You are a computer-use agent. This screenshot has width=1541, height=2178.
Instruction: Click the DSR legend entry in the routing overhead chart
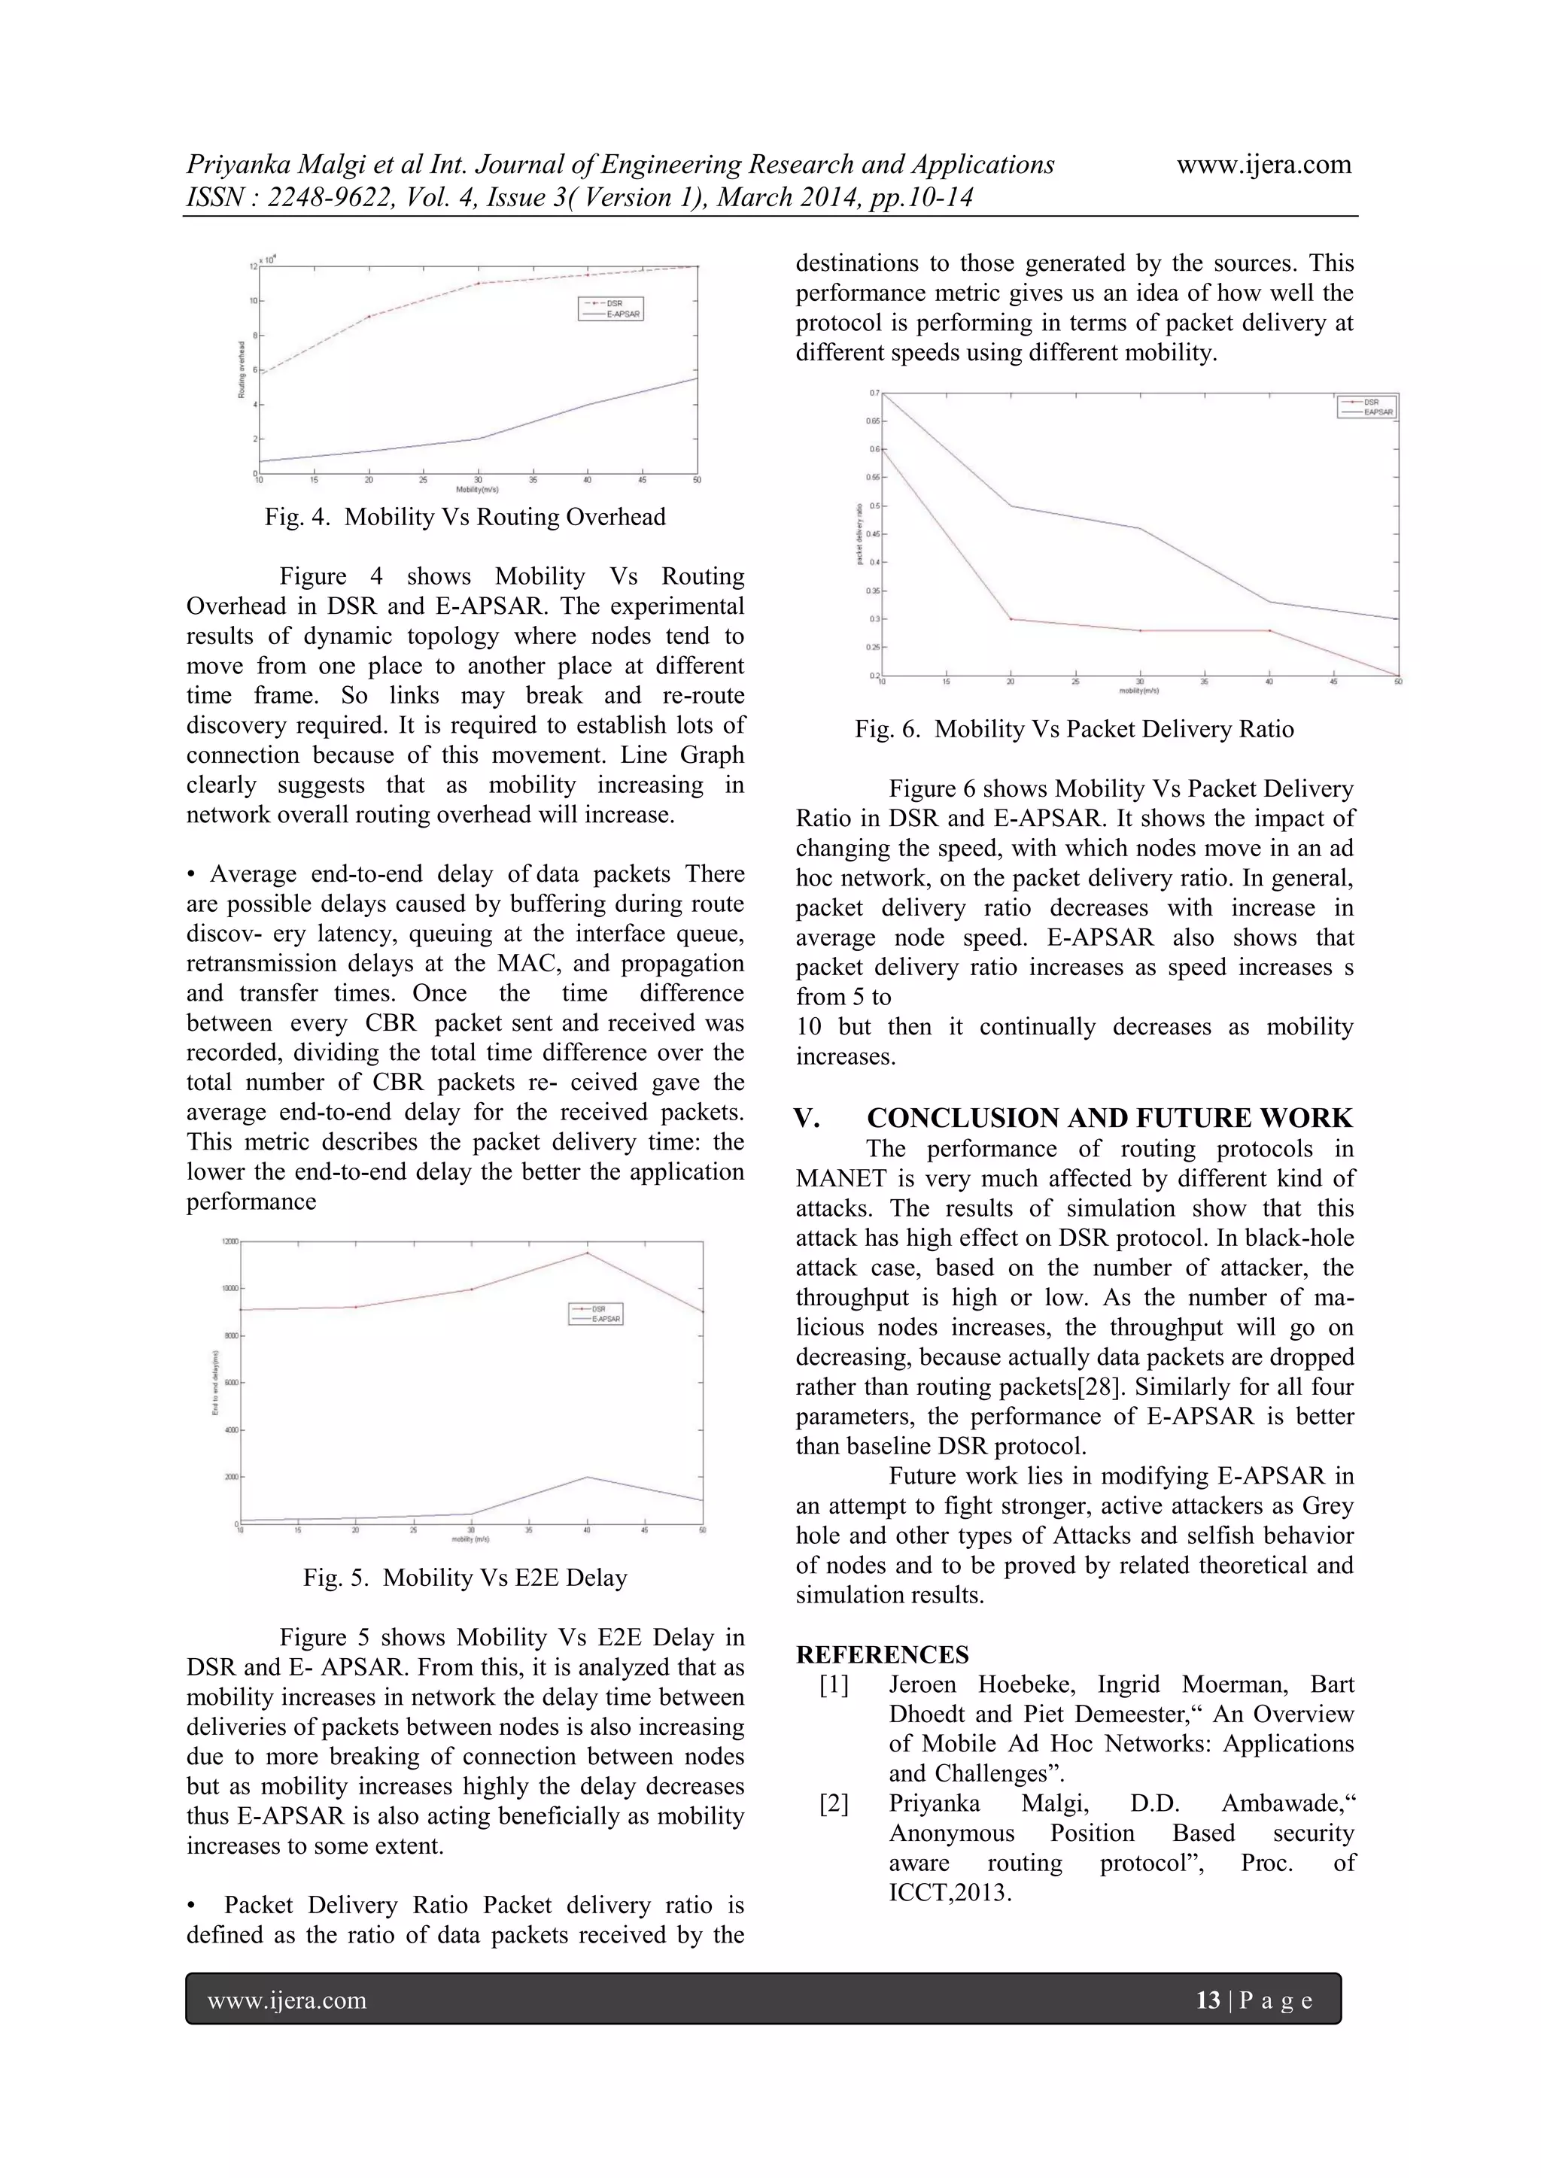(610, 303)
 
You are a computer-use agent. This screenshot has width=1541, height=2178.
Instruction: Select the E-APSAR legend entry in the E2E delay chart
(596, 1319)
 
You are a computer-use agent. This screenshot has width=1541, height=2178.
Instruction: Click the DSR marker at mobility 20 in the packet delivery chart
(1011, 619)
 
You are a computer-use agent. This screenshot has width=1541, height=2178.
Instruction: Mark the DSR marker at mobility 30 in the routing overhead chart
(477, 283)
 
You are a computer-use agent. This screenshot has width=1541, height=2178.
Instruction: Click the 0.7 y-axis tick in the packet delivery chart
(874, 393)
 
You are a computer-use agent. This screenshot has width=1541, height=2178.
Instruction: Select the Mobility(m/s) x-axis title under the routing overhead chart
(477, 491)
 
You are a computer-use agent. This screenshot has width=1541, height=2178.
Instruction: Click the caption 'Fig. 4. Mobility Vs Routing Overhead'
(465, 517)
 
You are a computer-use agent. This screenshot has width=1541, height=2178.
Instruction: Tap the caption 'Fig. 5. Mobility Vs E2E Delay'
(465, 1578)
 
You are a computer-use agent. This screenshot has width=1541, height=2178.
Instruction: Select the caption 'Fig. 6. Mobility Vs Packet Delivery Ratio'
(1074, 730)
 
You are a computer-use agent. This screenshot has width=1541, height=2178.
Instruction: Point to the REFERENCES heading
(882, 1654)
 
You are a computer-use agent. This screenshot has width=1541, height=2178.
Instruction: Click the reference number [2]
(834, 1803)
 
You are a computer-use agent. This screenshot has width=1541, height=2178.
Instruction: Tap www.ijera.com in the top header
(1263, 164)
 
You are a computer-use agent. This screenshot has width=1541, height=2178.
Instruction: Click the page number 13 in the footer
(1208, 2000)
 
